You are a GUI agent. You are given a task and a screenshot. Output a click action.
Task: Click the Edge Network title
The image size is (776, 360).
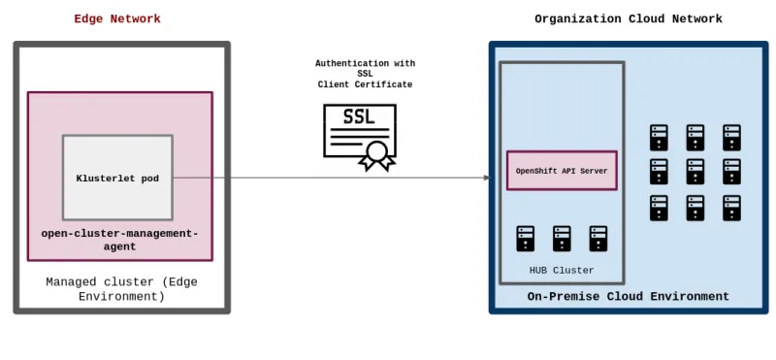(x=117, y=19)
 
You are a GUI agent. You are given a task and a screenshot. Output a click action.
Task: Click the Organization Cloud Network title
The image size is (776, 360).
(x=628, y=19)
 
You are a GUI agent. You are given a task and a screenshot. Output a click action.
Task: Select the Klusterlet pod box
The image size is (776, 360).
(x=117, y=178)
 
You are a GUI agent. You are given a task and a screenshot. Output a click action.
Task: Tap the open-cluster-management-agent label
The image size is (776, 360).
(x=119, y=240)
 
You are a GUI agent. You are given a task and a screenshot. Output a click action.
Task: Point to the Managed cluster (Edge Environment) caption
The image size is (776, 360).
(x=121, y=288)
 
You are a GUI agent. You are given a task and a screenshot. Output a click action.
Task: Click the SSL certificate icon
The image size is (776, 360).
(x=359, y=136)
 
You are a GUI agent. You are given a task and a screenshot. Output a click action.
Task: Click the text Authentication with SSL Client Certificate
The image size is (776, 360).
(x=365, y=74)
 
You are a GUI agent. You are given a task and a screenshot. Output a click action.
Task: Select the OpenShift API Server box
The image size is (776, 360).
(x=562, y=171)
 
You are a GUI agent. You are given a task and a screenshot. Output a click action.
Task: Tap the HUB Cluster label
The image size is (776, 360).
(x=562, y=270)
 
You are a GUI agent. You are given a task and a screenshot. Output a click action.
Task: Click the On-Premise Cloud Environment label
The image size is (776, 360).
(x=628, y=297)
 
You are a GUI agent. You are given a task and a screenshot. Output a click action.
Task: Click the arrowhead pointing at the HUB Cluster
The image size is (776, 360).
(x=487, y=178)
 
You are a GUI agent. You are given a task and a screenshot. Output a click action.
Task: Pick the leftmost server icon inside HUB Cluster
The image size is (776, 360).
(x=526, y=239)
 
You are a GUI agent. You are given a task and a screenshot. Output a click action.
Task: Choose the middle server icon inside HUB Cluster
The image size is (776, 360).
(x=562, y=239)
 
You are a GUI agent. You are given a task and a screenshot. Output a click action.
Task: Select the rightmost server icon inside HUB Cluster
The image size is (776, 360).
(x=598, y=239)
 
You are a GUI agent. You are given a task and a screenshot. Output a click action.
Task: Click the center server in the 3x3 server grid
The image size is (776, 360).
(x=695, y=172)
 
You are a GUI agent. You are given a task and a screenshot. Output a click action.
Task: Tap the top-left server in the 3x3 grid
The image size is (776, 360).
(x=660, y=137)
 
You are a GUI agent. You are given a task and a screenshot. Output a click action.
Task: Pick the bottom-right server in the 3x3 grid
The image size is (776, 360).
(x=731, y=208)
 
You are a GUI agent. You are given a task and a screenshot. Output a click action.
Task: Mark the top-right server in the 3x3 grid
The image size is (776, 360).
(x=731, y=137)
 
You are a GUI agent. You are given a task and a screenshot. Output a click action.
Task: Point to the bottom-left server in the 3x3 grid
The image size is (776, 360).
(x=660, y=208)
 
